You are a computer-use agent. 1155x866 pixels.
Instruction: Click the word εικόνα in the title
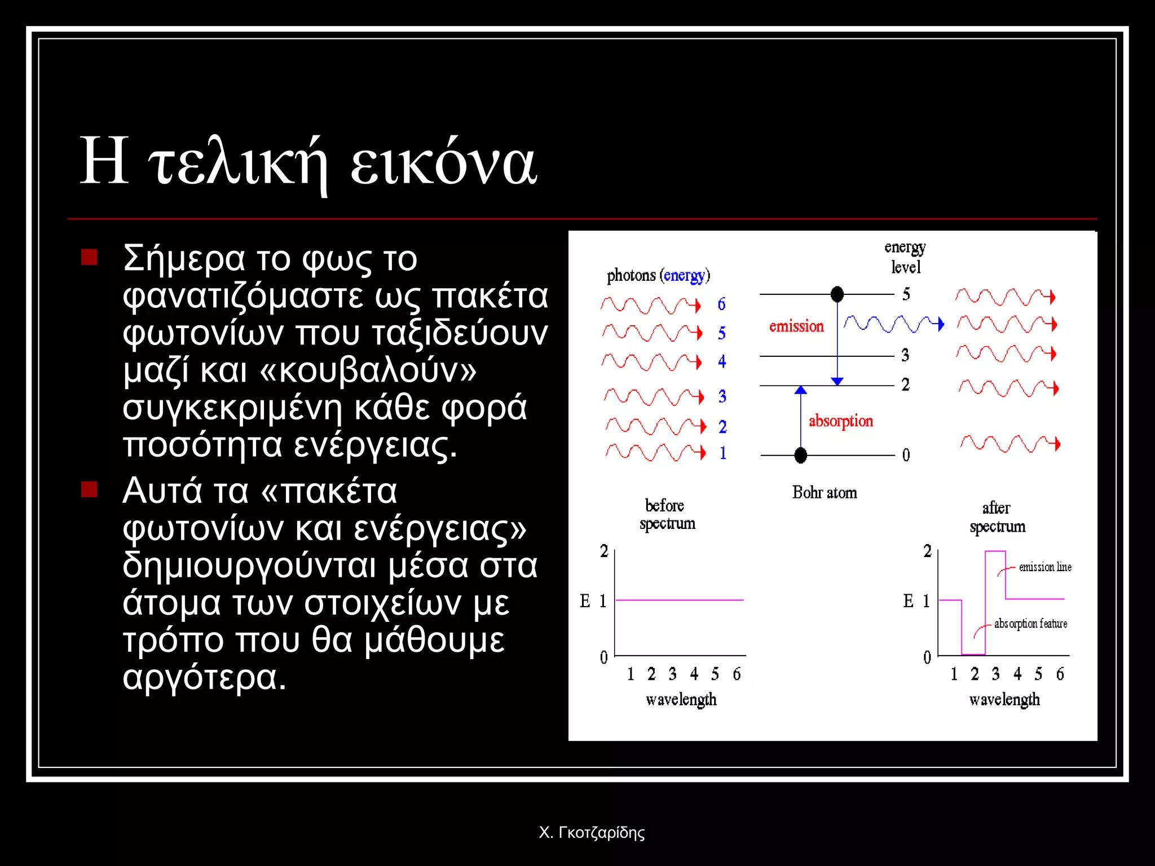443,164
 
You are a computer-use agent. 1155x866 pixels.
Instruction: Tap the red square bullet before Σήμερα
89,257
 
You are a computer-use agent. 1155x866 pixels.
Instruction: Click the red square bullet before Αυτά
89,489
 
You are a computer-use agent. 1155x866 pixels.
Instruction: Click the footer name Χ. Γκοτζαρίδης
592,832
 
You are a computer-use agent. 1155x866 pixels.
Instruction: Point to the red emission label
796,326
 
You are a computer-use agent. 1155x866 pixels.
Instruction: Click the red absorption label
840,421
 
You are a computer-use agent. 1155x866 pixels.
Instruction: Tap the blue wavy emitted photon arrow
893,324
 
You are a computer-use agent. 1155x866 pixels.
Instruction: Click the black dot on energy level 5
837,294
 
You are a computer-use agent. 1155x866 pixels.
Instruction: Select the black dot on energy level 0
800,454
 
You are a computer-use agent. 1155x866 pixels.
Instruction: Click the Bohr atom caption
824,493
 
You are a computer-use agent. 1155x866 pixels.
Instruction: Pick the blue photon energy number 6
721,304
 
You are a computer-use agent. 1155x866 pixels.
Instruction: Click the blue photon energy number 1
722,453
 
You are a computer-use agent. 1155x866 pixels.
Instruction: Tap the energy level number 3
905,355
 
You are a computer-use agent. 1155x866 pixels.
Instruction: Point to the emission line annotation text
1044,567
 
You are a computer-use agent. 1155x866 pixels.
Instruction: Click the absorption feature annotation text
1030,624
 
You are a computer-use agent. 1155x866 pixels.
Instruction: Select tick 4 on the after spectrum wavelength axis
1017,674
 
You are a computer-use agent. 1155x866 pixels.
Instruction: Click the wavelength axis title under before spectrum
681,700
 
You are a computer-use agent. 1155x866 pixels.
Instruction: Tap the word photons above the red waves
631,276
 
